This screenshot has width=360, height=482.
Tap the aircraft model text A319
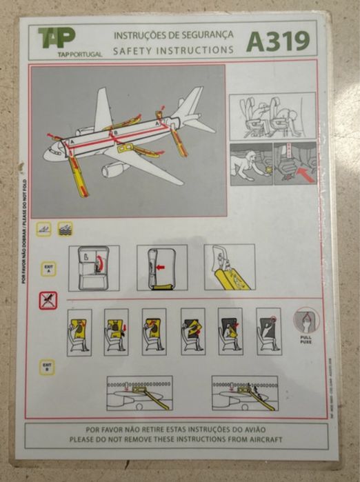point(278,41)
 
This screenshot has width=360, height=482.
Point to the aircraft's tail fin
point(190,101)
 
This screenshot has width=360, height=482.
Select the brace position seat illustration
point(272,116)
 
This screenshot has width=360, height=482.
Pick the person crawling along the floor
point(249,163)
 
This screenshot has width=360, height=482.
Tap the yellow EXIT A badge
point(48,268)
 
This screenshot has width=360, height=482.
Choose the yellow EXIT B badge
point(47,367)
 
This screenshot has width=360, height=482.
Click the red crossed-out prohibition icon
point(48,300)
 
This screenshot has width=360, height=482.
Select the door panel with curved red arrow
point(94,267)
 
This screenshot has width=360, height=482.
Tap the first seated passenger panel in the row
point(79,332)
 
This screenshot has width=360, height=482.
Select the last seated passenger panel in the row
point(268,331)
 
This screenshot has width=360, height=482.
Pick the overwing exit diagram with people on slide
point(245,393)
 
